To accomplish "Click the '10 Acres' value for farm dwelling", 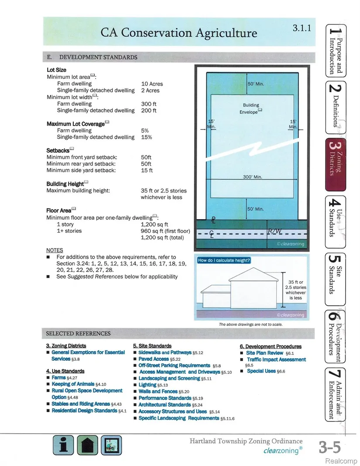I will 151,83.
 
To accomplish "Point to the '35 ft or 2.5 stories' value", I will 163,190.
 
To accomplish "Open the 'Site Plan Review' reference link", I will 264,353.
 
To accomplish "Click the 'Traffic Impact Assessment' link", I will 276,359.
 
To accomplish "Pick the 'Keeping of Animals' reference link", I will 73,384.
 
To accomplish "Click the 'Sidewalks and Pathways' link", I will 165,352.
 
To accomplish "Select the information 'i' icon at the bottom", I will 64,445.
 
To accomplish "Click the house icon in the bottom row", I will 87,445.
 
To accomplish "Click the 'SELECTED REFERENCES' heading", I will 78,334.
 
